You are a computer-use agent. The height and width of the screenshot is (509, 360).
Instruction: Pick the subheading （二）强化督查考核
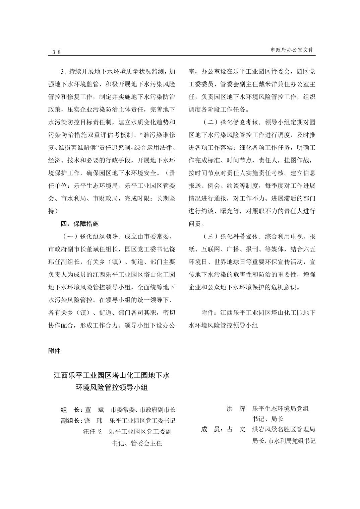click(231, 122)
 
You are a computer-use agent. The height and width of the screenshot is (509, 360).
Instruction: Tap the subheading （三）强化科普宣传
click(231, 236)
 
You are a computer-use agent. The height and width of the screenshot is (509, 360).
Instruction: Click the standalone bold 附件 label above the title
click(54, 351)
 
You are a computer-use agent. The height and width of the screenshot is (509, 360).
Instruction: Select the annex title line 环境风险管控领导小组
click(112, 387)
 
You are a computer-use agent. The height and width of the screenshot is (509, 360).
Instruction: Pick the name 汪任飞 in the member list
click(93, 431)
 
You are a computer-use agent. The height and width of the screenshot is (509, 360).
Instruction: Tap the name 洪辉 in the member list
click(236, 409)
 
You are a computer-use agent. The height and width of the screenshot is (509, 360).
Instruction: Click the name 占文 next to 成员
click(236, 429)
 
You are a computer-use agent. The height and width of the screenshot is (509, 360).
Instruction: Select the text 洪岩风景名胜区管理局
click(284, 429)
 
